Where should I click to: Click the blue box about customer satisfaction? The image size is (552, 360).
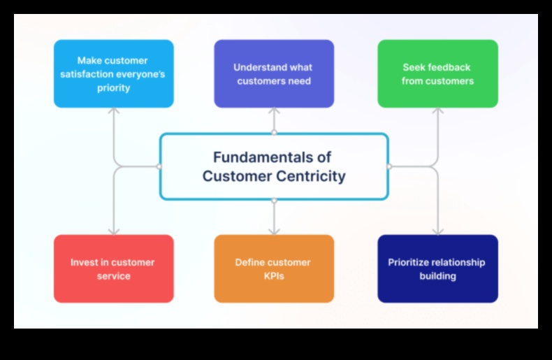(x=114, y=74)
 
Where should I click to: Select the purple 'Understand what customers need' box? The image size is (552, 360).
(x=274, y=74)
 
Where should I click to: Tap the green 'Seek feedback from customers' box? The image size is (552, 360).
(x=437, y=74)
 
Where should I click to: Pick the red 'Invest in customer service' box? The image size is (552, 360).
(x=114, y=269)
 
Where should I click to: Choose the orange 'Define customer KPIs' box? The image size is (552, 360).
(x=274, y=269)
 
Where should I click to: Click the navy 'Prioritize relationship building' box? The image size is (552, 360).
(x=437, y=269)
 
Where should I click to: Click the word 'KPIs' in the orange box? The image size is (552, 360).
(x=273, y=276)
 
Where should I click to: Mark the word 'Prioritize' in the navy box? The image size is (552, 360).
(x=411, y=263)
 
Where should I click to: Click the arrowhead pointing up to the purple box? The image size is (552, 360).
(x=274, y=110)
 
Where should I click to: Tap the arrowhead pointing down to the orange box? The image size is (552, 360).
(x=274, y=231)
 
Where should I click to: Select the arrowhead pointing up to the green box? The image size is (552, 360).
(x=437, y=110)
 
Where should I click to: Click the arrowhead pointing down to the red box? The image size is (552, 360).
(x=114, y=231)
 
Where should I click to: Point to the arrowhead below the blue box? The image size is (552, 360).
(x=114, y=110)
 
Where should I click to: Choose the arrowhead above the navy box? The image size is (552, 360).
(x=437, y=231)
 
